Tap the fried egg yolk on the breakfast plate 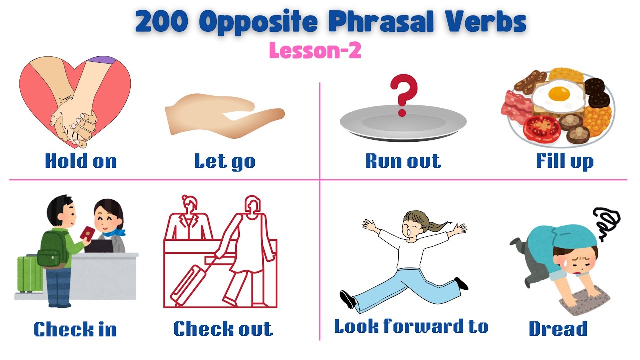coord(558,93)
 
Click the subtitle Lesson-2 coord(315,50)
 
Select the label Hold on coord(81,161)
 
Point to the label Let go coord(225,161)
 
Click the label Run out coord(403,161)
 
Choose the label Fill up coord(565,161)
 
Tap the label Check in coord(75,329)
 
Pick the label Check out coord(223,329)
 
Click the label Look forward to coord(411,326)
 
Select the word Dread coord(558,329)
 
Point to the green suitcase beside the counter coord(29,274)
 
